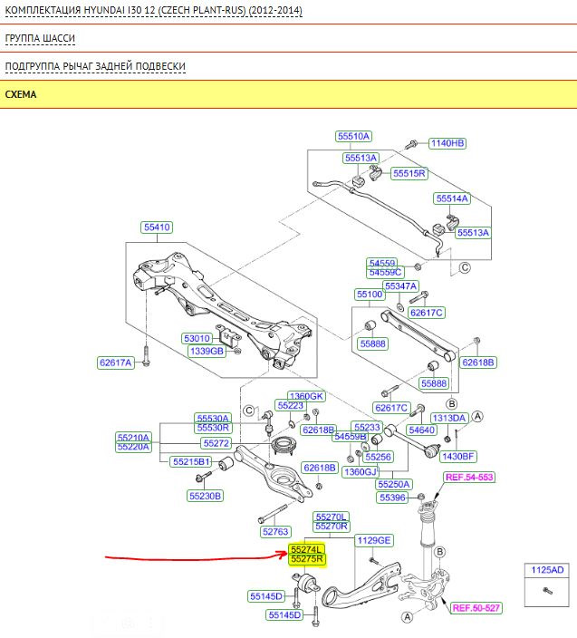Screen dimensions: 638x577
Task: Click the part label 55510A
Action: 353,137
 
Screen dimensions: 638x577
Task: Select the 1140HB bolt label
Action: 447,143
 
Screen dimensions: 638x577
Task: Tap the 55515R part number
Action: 409,172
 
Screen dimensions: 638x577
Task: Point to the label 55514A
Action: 451,198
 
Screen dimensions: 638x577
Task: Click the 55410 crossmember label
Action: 156,227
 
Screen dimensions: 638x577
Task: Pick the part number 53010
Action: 200,338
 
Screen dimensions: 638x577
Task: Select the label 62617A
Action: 116,362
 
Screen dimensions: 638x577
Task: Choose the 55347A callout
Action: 400,285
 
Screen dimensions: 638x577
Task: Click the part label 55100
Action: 370,295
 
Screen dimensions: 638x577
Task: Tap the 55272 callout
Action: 216,443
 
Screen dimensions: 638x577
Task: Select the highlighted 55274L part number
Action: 307,549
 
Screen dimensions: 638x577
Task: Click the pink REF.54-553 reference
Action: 469,478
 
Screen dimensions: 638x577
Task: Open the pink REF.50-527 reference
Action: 476,608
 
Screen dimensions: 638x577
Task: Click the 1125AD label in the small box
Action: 546,570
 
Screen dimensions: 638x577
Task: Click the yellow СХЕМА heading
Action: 21,93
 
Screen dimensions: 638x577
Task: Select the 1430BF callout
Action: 457,456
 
